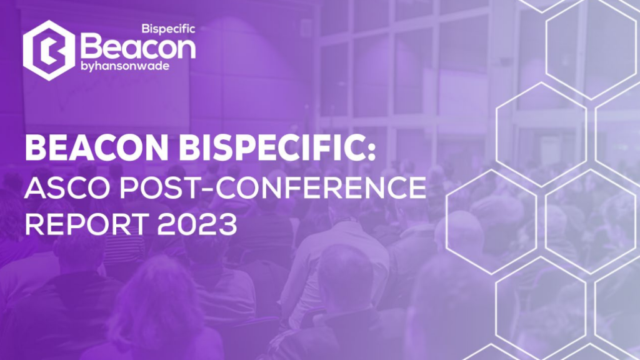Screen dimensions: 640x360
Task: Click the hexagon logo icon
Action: (49, 50)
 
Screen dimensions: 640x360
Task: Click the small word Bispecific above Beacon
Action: (168, 29)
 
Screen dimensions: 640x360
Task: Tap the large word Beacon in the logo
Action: (138, 47)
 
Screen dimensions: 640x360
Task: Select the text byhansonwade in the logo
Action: (125, 66)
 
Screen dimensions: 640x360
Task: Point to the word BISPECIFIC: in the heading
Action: (277, 148)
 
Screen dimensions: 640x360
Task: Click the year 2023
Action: (197, 224)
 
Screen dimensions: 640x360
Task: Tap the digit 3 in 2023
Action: (227, 224)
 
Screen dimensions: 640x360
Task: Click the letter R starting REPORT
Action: (35, 224)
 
